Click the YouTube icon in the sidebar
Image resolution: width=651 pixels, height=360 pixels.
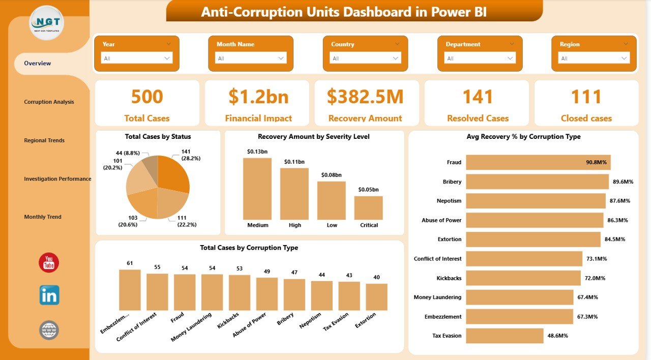(x=49, y=262)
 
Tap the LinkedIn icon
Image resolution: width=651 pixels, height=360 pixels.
(x=49, y=295)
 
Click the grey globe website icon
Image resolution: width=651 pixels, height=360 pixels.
(x=49, y=331)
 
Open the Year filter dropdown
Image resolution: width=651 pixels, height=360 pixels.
(x=137, y=58)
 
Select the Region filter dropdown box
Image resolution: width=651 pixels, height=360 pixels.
(x=594, y=58)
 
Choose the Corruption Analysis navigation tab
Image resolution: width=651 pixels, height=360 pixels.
(x=49, y=102)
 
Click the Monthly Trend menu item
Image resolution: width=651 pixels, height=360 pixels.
(x=43, y=217)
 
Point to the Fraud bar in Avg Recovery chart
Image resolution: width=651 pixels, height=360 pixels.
(x=538, y=162)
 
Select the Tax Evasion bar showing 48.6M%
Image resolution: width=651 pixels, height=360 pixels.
(x=505, y=336)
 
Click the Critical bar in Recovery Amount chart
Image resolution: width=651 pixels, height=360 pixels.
(x=368, y=207)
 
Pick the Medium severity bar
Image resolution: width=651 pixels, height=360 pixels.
(x=257, y=188)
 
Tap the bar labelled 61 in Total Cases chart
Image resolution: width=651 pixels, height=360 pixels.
(x=130, y=290)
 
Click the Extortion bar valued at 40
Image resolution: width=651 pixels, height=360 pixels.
(x=376, y=297)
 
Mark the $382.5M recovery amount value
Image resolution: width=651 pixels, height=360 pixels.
(x=365, y=97)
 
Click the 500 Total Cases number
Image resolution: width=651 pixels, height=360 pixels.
(x=147, y=97)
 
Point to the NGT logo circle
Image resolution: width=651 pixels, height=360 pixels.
(x=47, y=23)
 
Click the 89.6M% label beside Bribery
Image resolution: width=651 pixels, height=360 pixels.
(x=623, y=182)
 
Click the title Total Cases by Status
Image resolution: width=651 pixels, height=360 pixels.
(x=158, y=136)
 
